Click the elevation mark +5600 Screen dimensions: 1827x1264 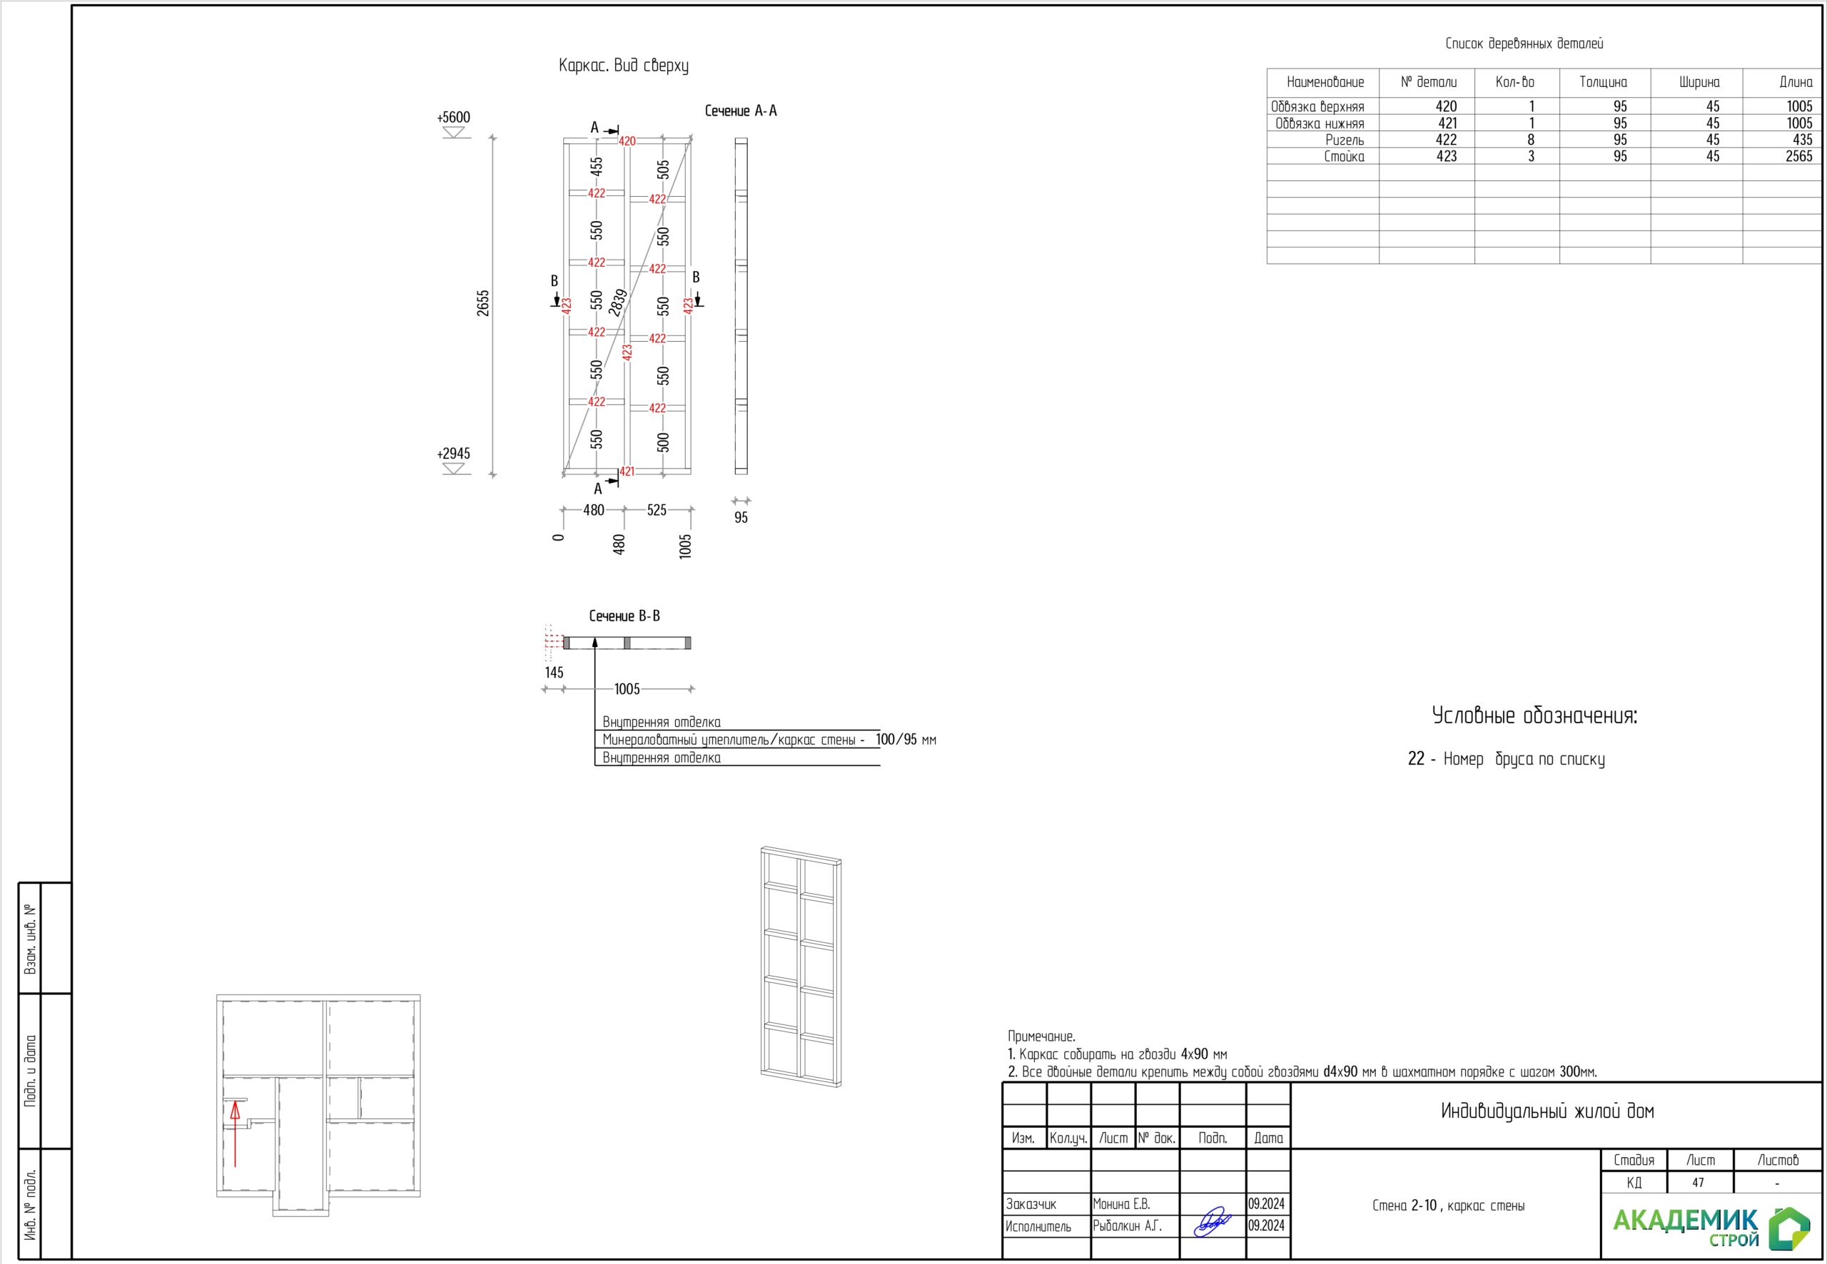[x=453, y=117]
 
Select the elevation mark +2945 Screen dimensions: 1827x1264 [x=453, y=454]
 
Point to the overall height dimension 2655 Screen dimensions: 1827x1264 [x=483, y=303]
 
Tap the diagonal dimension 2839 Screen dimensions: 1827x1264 [x=619, y=302]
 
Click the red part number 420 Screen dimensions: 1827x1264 [x=627, y=142]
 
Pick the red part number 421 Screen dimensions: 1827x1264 [x=627, y=472]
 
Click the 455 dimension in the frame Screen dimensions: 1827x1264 [x=597, y=166]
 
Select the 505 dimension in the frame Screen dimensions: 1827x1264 [x=663, y=170]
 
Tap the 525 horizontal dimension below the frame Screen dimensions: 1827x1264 [x=657, y=511]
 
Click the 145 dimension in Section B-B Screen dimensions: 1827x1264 [x=554, y=673]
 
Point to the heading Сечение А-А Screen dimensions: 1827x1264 [x=741, y=111]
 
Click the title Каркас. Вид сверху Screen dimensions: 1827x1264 [x=624, y=66]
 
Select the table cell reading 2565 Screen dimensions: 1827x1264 [x=1798, y=157]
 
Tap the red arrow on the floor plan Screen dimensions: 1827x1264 [x=236, y=1134]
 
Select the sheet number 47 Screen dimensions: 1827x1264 [x=1698, y=1183]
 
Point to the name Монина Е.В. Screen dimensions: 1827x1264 [x=1121, y=1205]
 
